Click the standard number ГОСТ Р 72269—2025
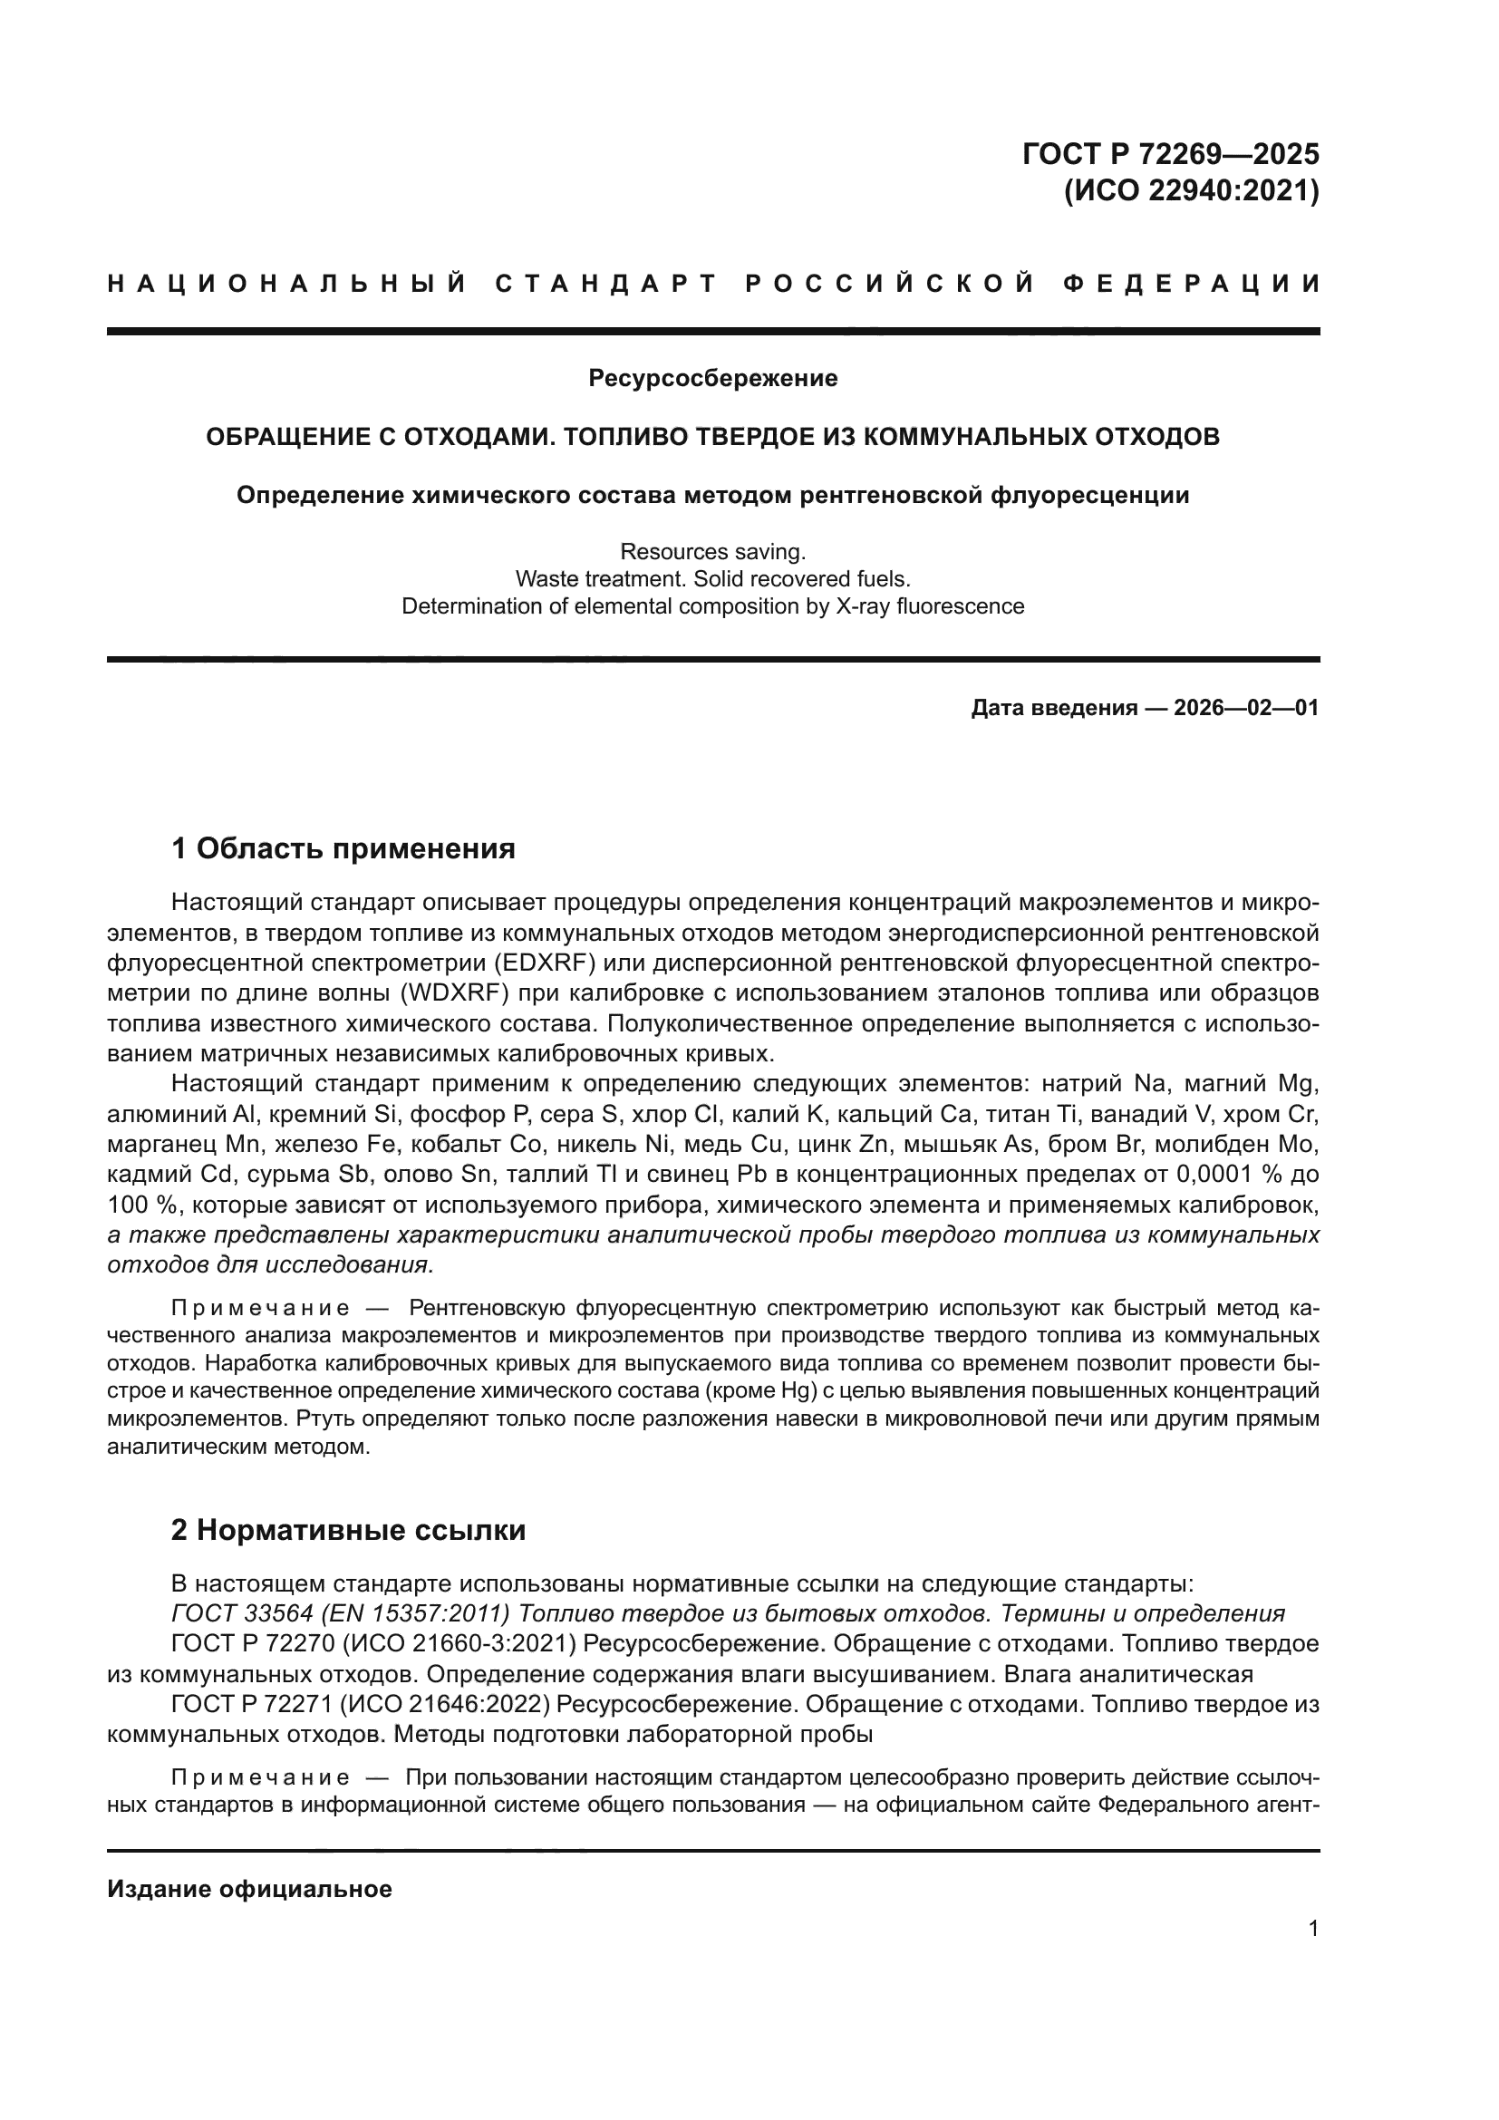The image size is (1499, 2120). click(x=1170, y=153)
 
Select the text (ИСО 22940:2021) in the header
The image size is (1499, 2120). click(x=1191, y=192)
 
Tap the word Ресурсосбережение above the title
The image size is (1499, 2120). click(x=712, y=379)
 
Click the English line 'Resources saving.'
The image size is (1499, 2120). click(x=712, y=552)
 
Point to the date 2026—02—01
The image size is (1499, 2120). click(x=1246, y=708)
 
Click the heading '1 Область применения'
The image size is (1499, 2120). click(x=343, y=847)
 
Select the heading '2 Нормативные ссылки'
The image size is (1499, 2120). click(x=349, y=1531)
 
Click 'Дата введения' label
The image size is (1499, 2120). click(x=1053, y=708)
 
